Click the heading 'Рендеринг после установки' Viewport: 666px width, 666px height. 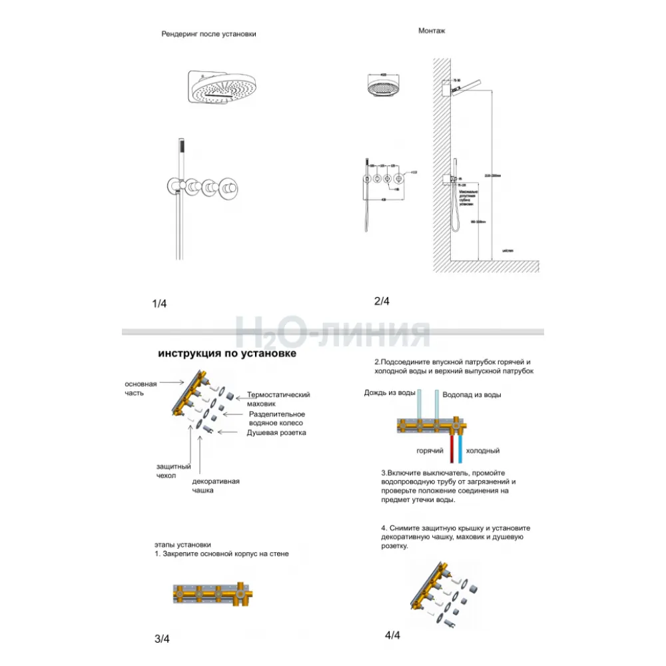[208, 34]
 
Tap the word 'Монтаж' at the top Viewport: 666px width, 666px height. [432, 31]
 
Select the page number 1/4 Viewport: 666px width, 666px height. [160, 304]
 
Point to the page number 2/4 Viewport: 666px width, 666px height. [382, 301]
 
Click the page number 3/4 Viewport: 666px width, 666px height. [162, 639]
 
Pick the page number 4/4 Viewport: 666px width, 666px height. [393, 635]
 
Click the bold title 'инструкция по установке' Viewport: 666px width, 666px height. [227, 354]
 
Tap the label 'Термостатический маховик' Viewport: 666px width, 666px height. [278, 399]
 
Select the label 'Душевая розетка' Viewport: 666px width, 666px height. [276, 433]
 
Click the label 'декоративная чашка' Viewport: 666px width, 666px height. [215, 486]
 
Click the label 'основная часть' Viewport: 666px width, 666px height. [141, 388]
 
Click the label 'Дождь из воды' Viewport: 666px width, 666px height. [390, 393]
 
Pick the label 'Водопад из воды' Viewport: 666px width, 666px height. [472, 394]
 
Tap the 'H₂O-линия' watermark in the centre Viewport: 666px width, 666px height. [333, 331]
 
